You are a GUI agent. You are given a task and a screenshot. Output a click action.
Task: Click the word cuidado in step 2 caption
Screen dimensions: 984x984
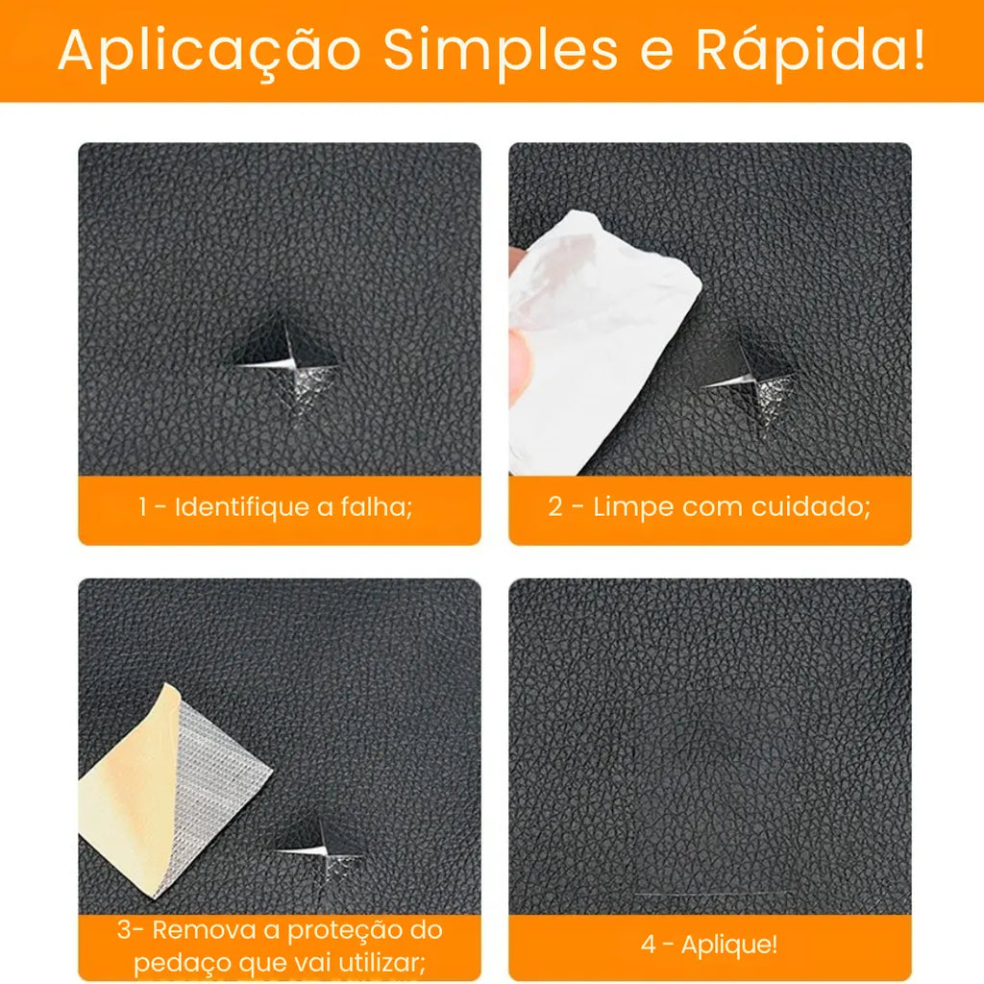coord(810,506)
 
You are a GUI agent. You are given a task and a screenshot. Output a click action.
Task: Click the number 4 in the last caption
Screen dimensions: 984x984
coord(649,945)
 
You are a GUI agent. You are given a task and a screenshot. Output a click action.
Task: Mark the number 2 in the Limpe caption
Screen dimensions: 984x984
coord(554,506)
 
